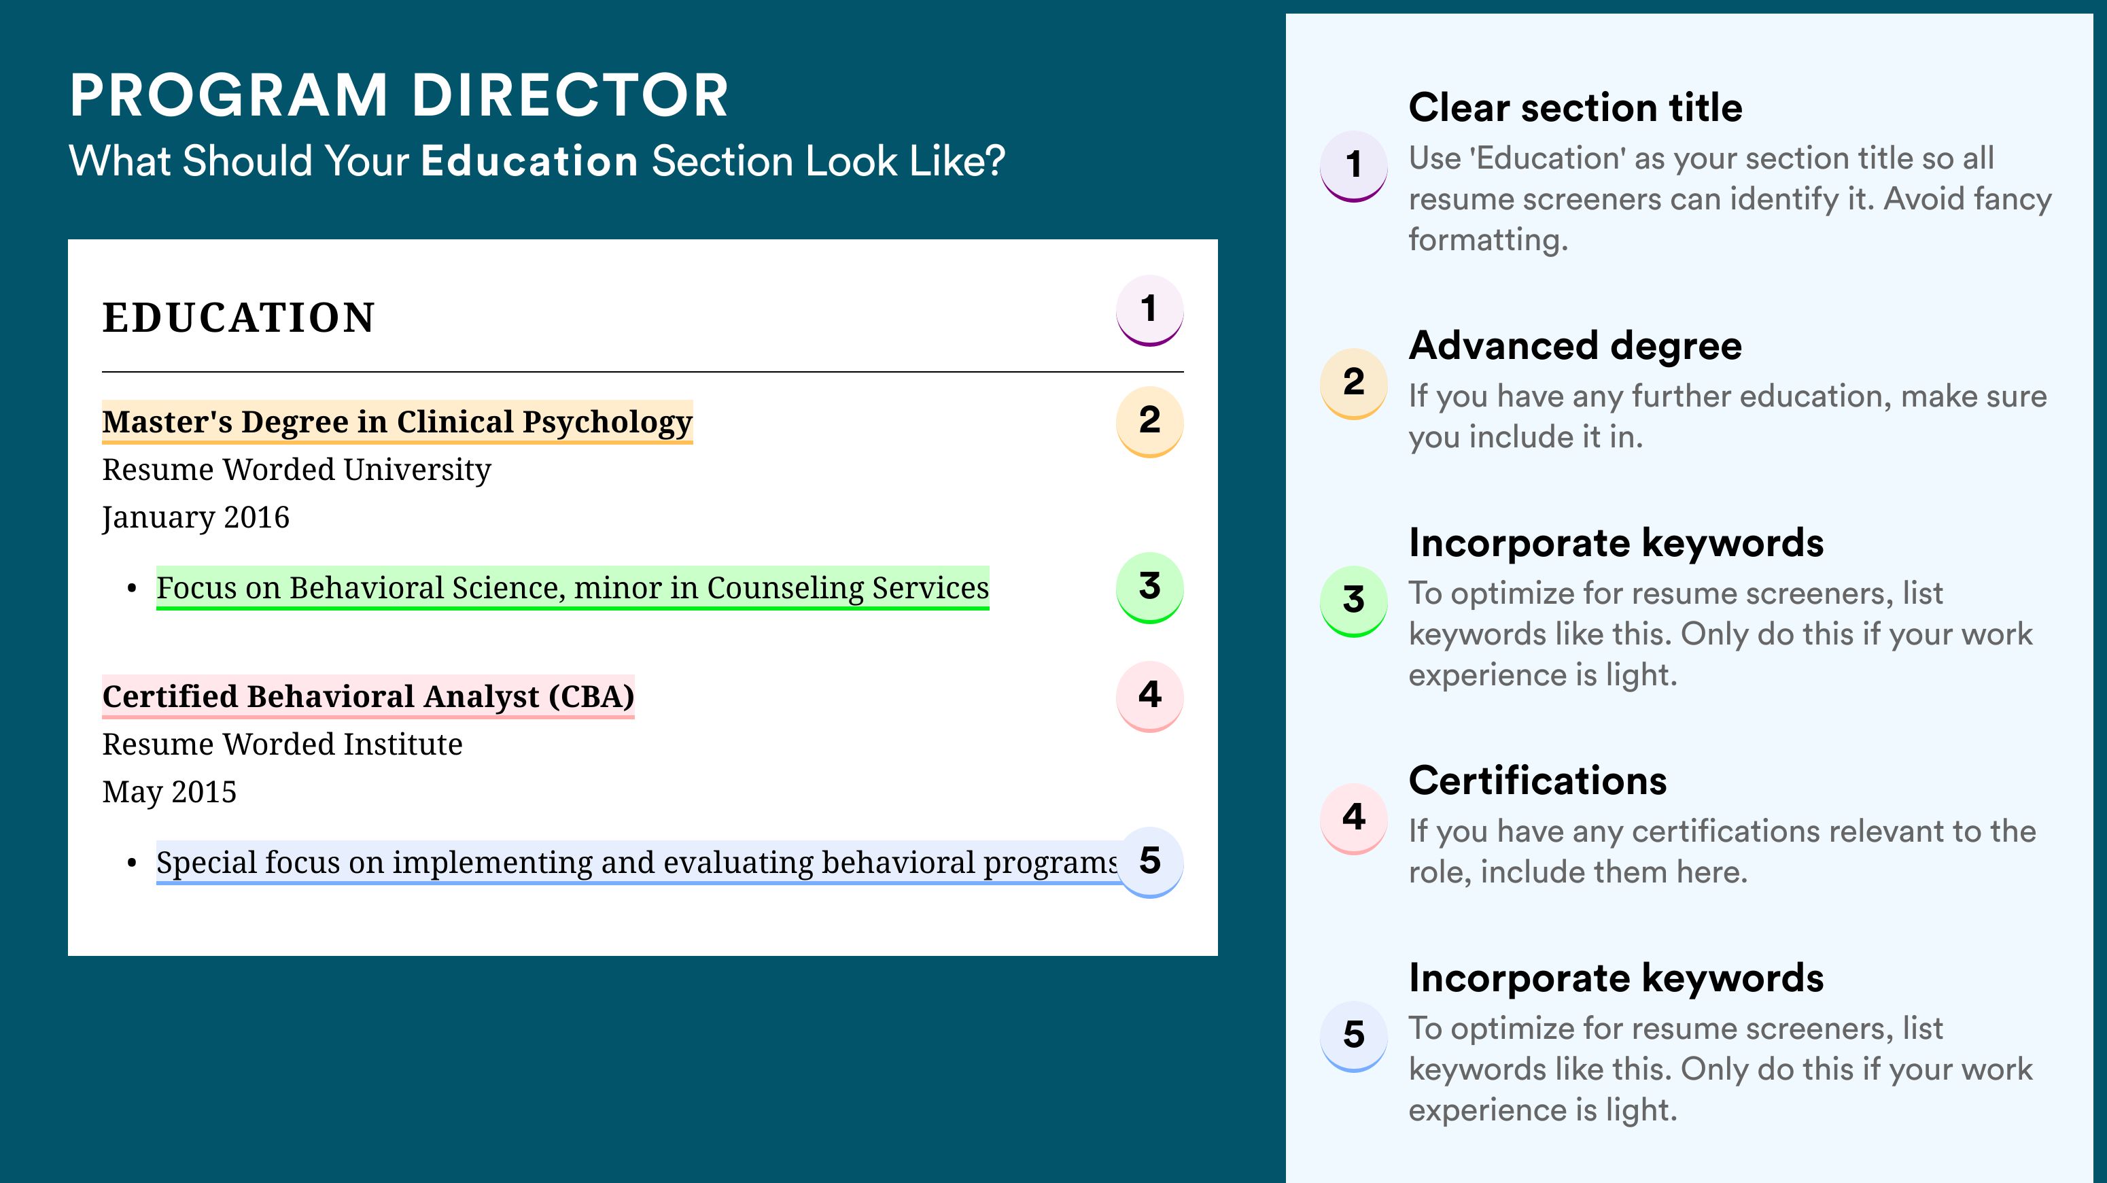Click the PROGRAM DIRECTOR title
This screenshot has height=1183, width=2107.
398,96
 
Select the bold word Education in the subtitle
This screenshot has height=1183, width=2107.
529,160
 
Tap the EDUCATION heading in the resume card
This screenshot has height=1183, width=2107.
238,318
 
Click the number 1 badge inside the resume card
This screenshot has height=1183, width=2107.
1149,310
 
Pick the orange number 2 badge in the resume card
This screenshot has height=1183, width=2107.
1149,422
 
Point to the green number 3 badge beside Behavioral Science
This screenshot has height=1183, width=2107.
1149,587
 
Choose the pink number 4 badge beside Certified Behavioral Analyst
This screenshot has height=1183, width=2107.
1149,696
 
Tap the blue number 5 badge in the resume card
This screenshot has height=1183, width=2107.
1149,862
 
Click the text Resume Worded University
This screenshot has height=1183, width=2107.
296,470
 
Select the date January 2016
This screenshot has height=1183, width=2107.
196,517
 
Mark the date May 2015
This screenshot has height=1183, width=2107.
169,792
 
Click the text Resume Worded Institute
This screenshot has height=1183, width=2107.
282,744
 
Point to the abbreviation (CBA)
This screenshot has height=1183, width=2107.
591,696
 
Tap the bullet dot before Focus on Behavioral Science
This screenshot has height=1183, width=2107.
132,589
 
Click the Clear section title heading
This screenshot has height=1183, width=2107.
1575,107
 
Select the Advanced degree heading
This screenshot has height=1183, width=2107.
1575,346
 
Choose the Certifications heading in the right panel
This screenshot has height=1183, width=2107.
1537,781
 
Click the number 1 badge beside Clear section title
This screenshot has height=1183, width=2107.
1354,166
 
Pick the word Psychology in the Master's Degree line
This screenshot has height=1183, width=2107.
607,422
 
